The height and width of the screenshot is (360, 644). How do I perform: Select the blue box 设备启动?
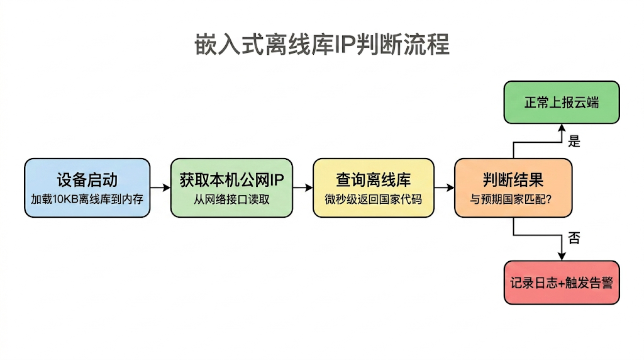click(x=87, y=188)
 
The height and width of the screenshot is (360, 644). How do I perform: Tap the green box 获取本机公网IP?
click(x=231, y=188)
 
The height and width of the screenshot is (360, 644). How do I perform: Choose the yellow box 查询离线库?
click(x=374, y=188)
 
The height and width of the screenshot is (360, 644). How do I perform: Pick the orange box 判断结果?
click(x=513, y=188)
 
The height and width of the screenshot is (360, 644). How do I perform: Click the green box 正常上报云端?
click(x=562, y=102)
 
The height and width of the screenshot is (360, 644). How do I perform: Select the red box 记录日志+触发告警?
click(x=562, y=283)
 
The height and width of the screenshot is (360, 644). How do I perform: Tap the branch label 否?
click(x=574, y=238)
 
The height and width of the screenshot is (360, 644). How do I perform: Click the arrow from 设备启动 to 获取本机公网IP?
click(x=160, y=188)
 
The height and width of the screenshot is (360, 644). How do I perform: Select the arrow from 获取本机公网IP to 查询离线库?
click(x=303, y=188)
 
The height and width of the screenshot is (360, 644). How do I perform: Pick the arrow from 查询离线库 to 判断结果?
click(x=444, y=188)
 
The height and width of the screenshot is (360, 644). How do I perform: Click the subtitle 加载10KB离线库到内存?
click(x=87, y=200)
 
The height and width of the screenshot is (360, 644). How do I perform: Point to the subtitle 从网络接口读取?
click(x=231, y=200)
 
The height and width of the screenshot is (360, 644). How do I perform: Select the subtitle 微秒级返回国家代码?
click(x=374, y=200)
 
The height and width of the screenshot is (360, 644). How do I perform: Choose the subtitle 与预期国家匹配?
click(x=513, y=200)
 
